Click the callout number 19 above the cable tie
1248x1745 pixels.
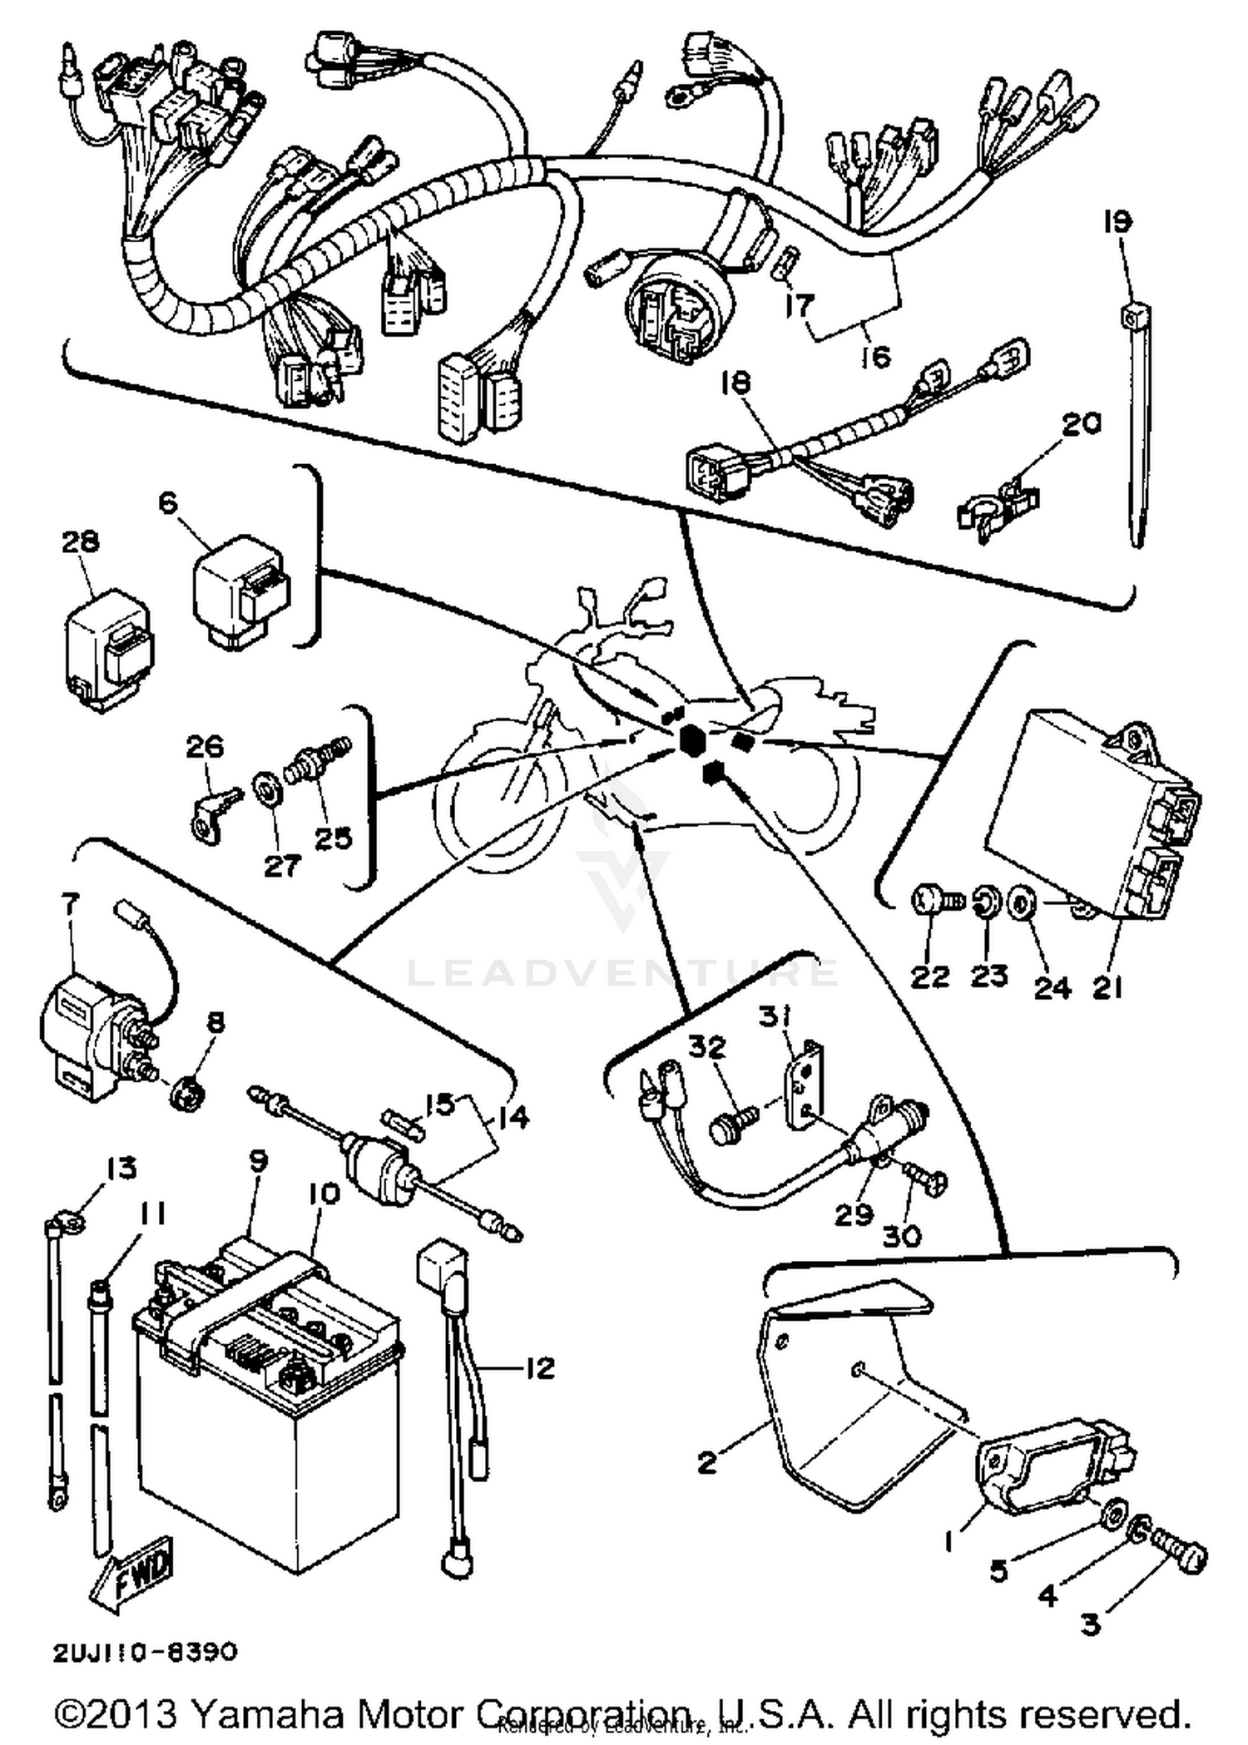[x=1117, y=222]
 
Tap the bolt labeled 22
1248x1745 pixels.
[x=935, y=901]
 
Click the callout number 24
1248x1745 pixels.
[x=1052, y=987]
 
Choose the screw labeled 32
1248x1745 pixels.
[x=732, y=1125]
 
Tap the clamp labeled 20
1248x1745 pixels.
[x=998, y=507]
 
